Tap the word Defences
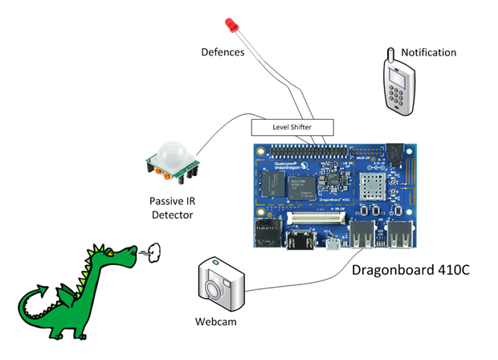click(223, 53)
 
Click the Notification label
click(429, 53)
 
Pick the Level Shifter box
click(292, 127)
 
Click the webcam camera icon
click(220, 285)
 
